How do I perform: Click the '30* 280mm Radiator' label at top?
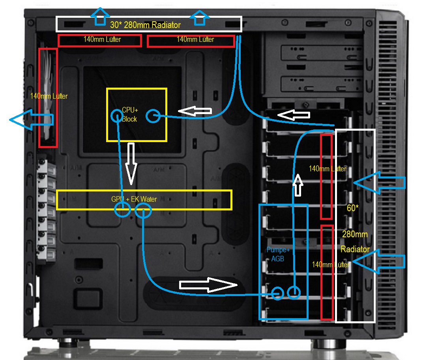pos(145,25)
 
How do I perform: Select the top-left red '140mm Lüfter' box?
pos(100,35)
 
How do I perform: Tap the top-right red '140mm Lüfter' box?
pos(191,35)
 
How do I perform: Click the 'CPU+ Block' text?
pos(130,114)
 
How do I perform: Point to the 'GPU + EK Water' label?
pos(134,199)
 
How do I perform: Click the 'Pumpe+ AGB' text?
pos(278,254)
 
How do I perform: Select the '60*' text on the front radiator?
pos(353,208)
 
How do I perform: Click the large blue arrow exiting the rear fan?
pos(32,120)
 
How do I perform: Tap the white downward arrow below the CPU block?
pos(131,163)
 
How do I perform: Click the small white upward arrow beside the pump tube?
pos(298,185)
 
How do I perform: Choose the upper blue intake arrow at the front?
pos(379,183)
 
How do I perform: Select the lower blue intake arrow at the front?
pos(378,261)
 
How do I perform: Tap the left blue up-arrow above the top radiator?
pos(100,17)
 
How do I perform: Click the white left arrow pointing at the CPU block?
pos(195,111)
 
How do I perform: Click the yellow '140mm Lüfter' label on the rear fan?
pos(49,96)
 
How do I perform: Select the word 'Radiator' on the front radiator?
pos(355,249)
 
